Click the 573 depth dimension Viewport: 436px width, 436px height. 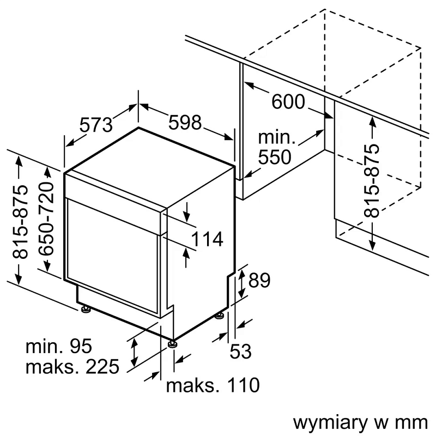pos(95,125)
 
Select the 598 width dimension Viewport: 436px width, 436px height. pos(185,123)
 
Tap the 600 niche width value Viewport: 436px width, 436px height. pos(289,101)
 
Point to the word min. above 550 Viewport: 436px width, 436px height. pos(277,137)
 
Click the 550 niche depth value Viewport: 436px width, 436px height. pos(275,157)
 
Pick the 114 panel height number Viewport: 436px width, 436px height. pos(208,239)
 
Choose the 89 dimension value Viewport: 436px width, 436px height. pos(259,280)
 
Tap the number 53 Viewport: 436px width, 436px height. pos(240,352)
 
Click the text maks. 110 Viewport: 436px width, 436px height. pos(213,385)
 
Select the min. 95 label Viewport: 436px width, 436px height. pos(59,346)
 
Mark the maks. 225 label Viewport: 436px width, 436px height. pos(72,367)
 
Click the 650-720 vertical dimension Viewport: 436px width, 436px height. pos(47,219)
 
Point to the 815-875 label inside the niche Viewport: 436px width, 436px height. pos(372,180)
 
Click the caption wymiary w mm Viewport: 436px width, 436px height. pos(360,422)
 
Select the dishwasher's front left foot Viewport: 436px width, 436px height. pos(86,310)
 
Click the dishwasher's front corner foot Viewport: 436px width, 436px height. pos(172,344)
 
